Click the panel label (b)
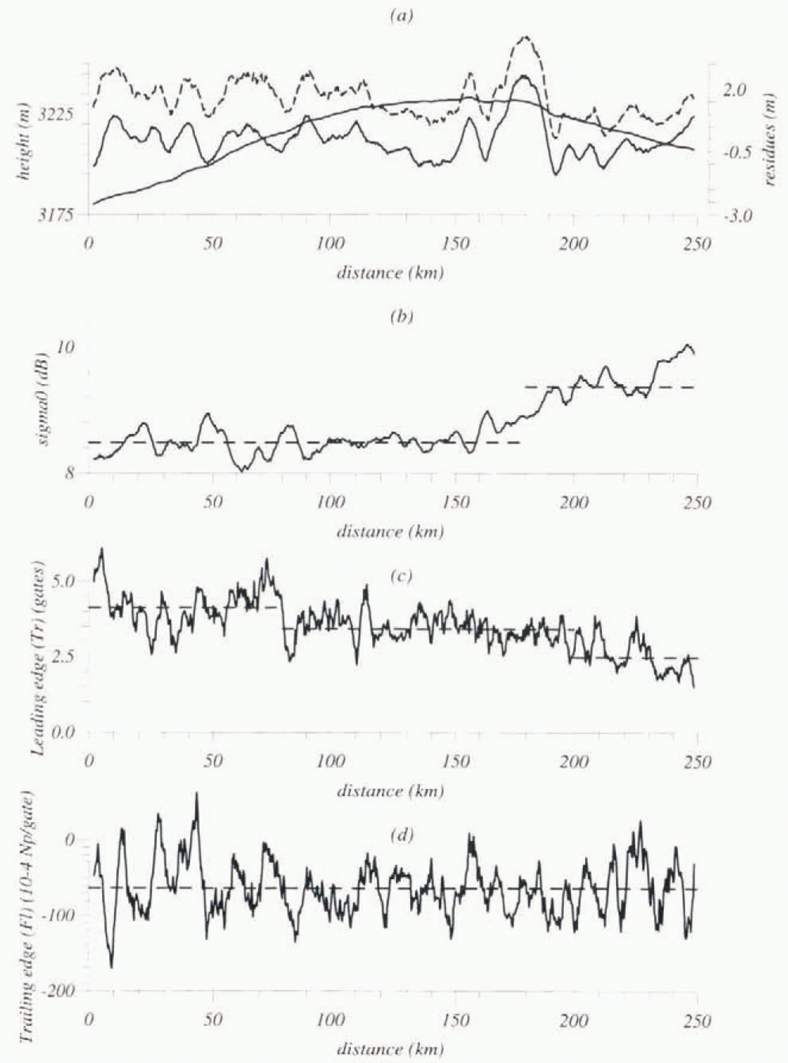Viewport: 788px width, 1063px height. click(401, 317)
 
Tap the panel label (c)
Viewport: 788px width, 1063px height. click(401, 576)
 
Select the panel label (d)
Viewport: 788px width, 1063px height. click(401, 835)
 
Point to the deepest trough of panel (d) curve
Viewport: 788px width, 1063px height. click(111, 967)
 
